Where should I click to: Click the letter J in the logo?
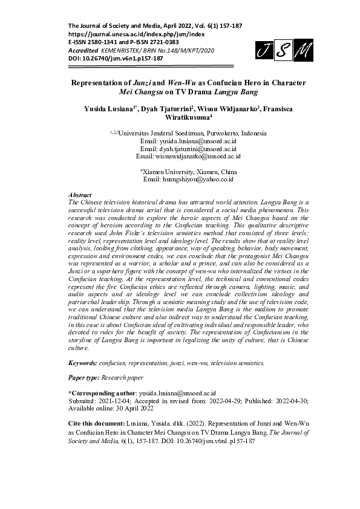263,52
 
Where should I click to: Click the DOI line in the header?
116,59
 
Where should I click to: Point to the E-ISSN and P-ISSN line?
123,42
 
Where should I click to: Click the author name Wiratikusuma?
180,118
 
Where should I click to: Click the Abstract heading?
80,196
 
